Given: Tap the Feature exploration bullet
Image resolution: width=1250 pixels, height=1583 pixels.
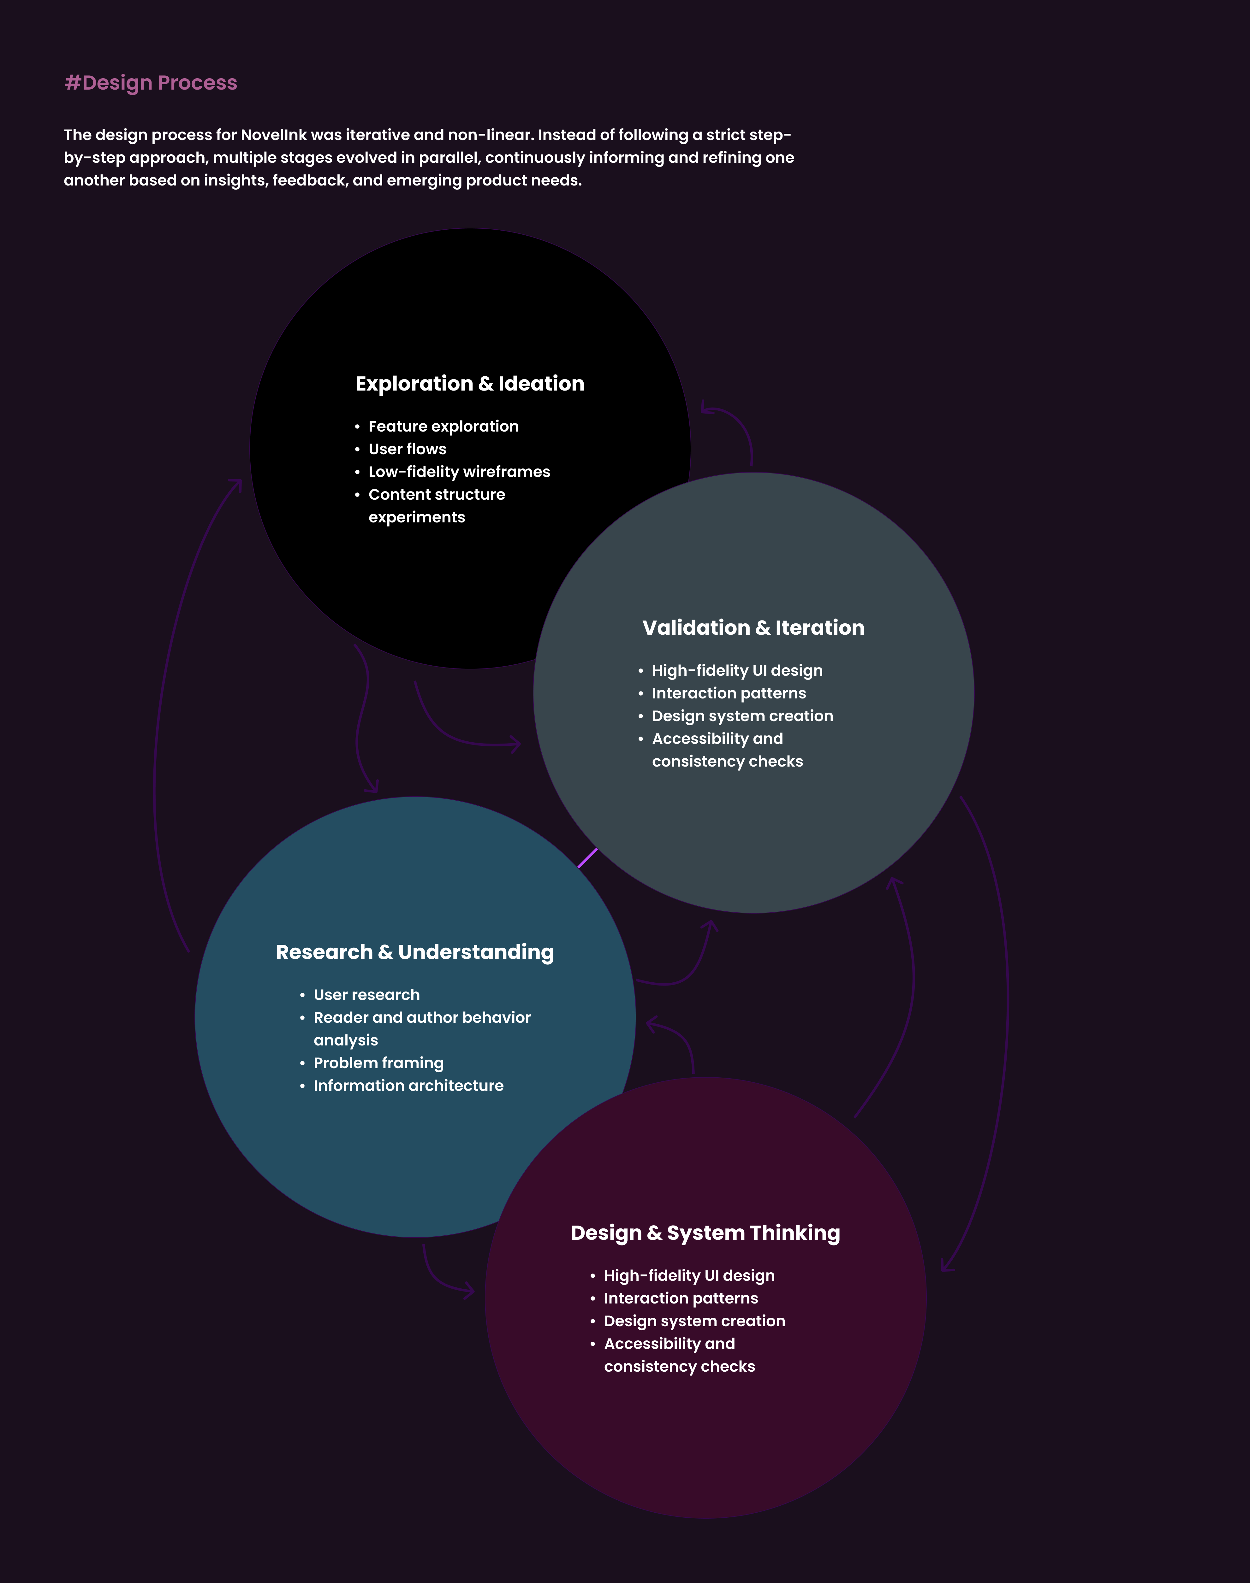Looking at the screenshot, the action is point(443,427).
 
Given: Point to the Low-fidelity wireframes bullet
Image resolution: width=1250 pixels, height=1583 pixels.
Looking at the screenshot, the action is point(459,472).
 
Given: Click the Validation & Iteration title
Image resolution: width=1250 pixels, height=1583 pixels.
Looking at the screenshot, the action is point(753,628).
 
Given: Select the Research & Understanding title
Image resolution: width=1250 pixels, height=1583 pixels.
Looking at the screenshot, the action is point(415,952).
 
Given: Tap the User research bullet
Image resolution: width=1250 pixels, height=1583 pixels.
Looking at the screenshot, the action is point(367,995).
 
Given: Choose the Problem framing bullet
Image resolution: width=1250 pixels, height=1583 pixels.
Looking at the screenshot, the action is point(378,1063).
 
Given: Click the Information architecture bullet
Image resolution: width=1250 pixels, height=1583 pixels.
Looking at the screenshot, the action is point(408,1086).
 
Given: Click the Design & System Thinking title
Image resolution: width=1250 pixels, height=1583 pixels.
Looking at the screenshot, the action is point(705,1233).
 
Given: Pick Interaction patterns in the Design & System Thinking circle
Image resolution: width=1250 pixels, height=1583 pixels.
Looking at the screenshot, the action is point(681,1298).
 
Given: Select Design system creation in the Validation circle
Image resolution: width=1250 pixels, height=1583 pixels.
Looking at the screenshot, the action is point(742,716).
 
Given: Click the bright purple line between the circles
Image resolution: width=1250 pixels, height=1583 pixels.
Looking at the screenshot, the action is point(588,858).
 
